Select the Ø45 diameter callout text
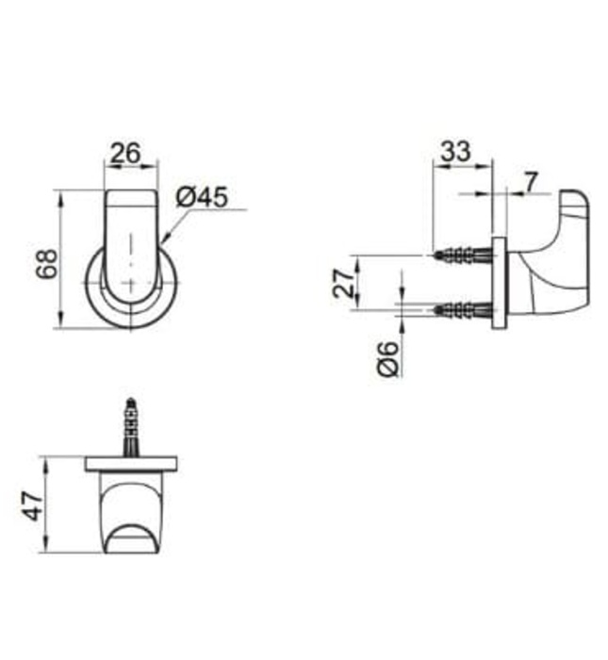[x=201, y=197]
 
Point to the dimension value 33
[x=457, y=150]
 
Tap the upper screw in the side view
[x=463, y=255]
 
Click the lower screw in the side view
[x=463, y=308]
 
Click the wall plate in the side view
[x=501, y=282]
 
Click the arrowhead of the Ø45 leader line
[x=163, y=240]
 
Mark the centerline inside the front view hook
[x=130, y=255]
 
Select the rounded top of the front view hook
[x=130, y=200]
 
